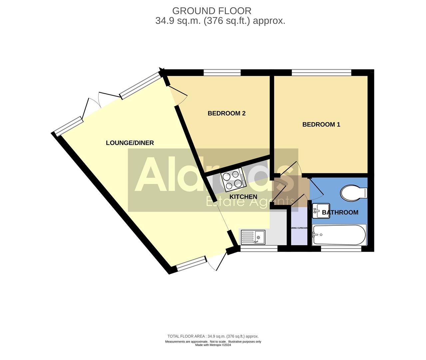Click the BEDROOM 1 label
tap(321, 124)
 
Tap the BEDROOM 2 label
tap(226, 113)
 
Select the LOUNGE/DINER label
tap(130, 143)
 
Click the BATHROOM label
tap(340, 212)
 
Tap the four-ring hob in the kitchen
tap(233, 180)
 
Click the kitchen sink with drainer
tap(252, 237)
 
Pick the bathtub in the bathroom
tap(339, 235)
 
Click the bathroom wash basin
tap(320, 211)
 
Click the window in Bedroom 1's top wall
tap(321, 72)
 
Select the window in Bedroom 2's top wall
tap(222, 72)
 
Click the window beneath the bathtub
tap(341, 248)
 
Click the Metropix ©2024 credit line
tap(213, 345)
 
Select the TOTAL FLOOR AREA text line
tap(213, 336)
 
